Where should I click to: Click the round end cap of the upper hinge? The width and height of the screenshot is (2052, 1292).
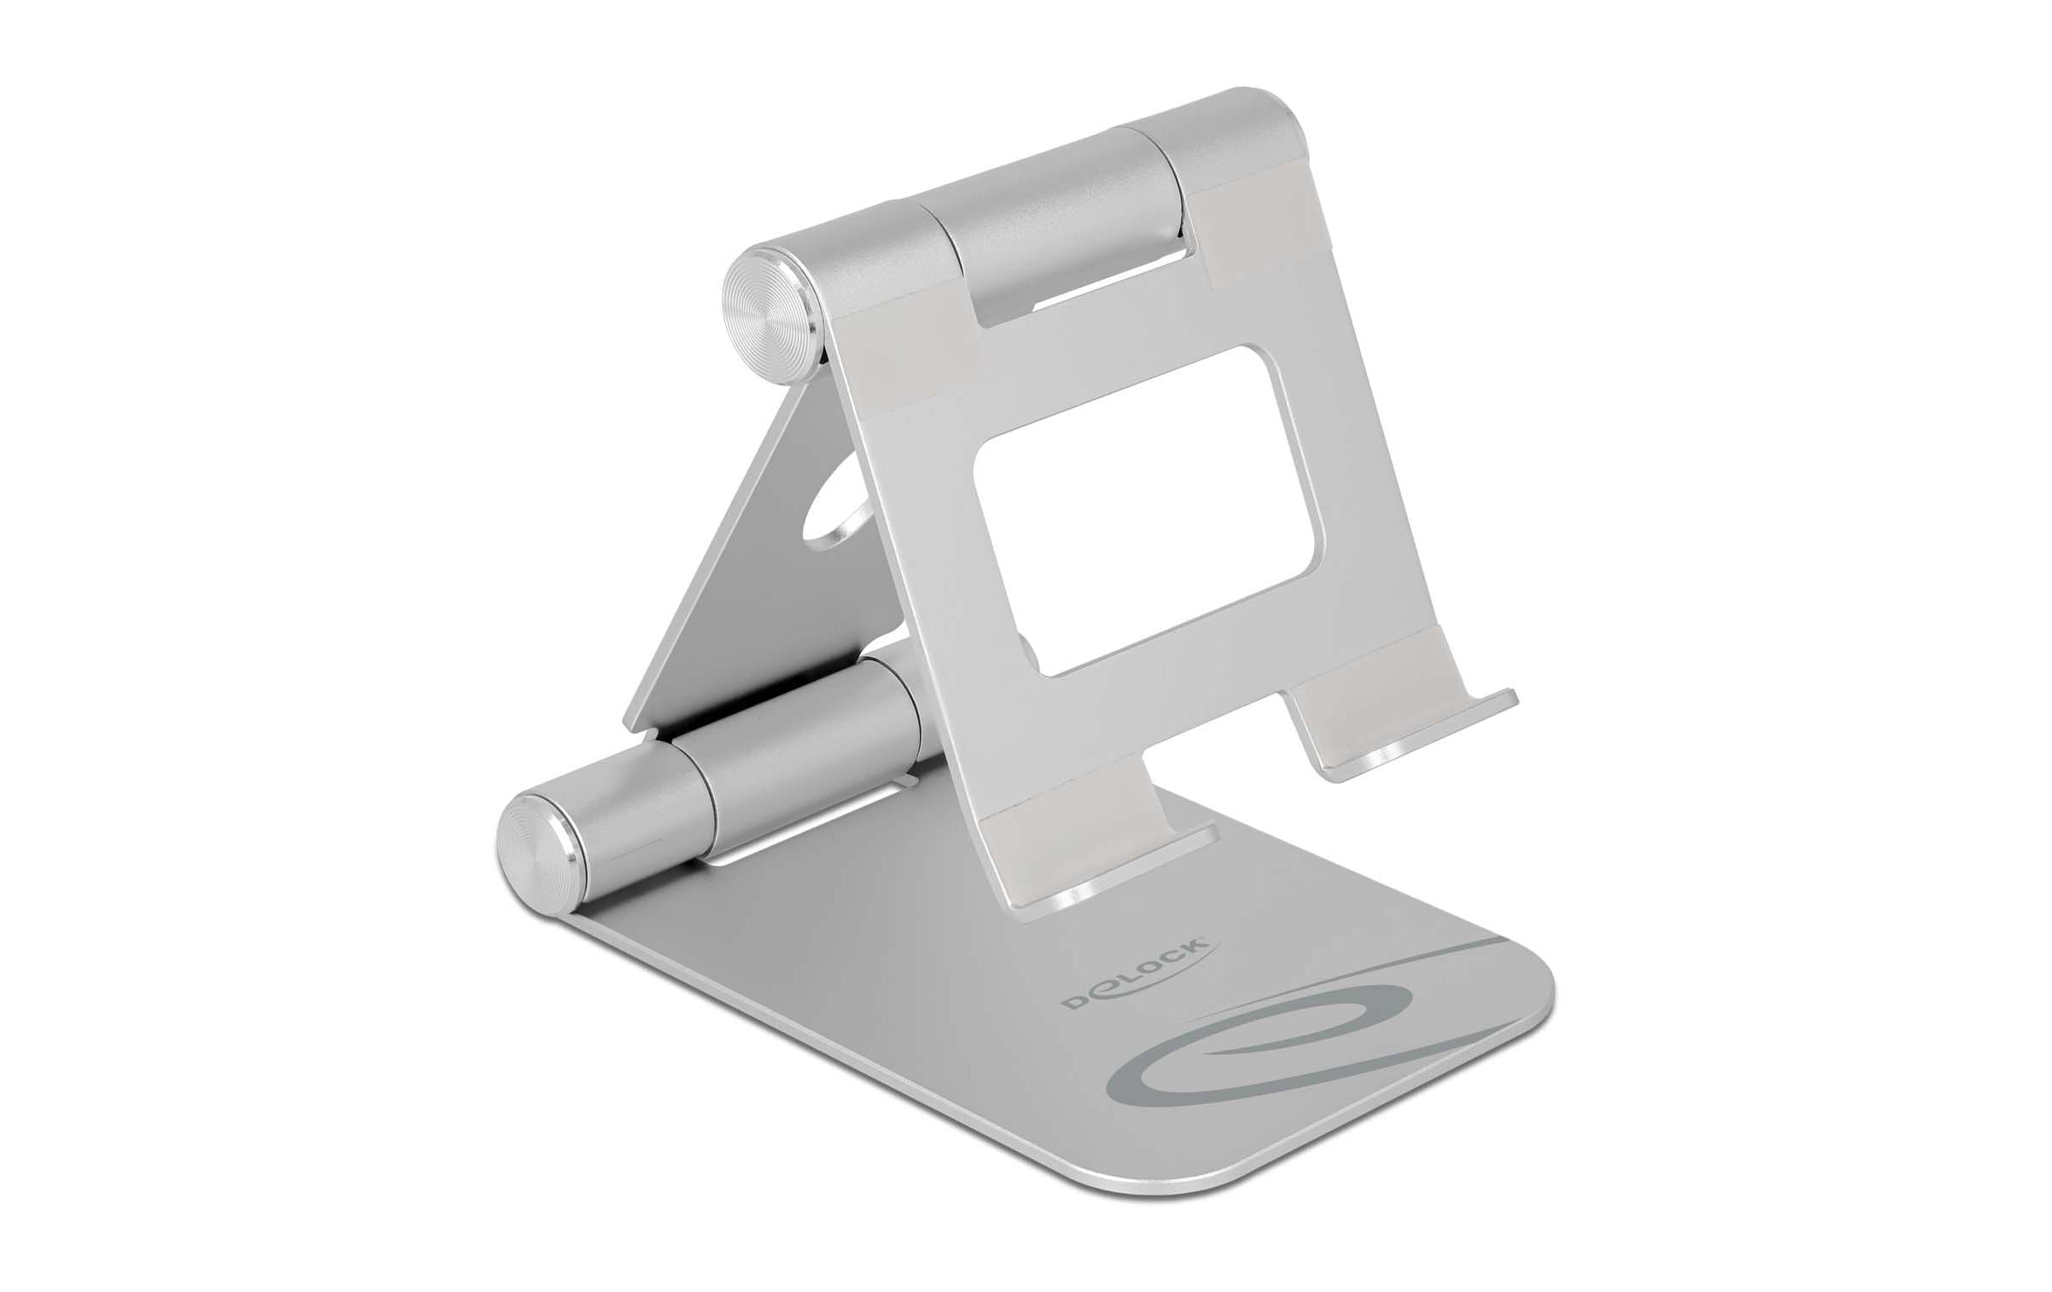coord(770,306)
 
